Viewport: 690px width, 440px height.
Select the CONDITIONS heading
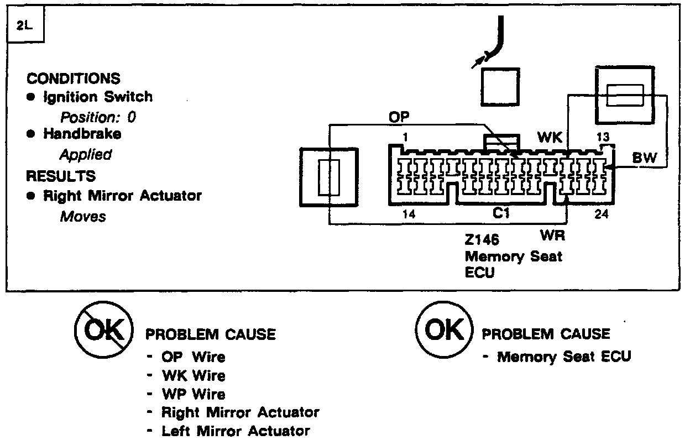click(x=74, y=78)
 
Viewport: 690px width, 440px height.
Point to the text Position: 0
click(x=98, y=117)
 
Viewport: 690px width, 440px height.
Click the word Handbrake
click(x=82, y=134)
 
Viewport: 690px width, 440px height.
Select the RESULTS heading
click(x=61, y=176)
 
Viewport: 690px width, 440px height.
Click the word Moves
click(x=82, y=216)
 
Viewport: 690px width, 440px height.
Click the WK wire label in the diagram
click(x=550, y=137)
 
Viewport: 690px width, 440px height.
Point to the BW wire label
click(x=644, y=158)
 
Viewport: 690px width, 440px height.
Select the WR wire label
click(x=552, y=235)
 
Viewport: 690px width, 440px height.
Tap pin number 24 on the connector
click(x=601, y=214)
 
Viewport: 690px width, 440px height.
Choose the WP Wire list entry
click(x=193, y=395)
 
